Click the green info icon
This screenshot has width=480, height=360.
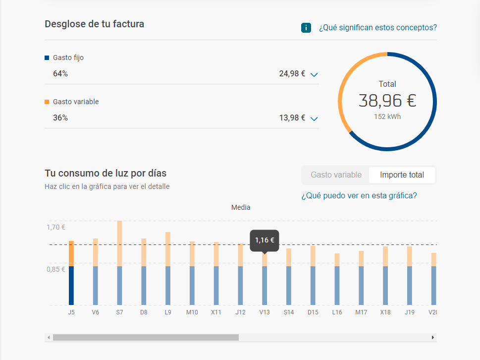[x=306, y=28]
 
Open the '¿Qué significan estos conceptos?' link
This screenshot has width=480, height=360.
[x=377, y=28]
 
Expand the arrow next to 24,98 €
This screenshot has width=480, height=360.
[x=314, y=74]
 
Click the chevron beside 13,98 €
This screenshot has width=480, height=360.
[x=314, y=119]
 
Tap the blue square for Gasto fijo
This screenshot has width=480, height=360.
[x=47, y=58]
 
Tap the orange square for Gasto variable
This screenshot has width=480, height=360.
[x=47, y=102]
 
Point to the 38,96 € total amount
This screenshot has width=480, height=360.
[x=387, y=101]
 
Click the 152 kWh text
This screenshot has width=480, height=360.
[x=387, y=117]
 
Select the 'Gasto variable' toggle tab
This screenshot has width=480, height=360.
[x=336, y=175]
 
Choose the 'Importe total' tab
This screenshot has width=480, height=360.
[x=402, y=175]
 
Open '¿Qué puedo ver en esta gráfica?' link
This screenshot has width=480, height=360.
[x=359, y=196]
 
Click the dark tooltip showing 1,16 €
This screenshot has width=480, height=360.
[x=265, y=240]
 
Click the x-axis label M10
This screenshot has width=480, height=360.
[x=192, y=312]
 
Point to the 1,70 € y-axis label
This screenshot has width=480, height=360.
[x=55, y=228]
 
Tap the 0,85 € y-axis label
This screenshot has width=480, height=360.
[x=55, y=270]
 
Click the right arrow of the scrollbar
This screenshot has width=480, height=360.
[x=433, y=338]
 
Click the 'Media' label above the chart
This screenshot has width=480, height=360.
[x=241, y=207]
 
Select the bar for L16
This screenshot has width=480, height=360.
[x=337, y=280]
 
